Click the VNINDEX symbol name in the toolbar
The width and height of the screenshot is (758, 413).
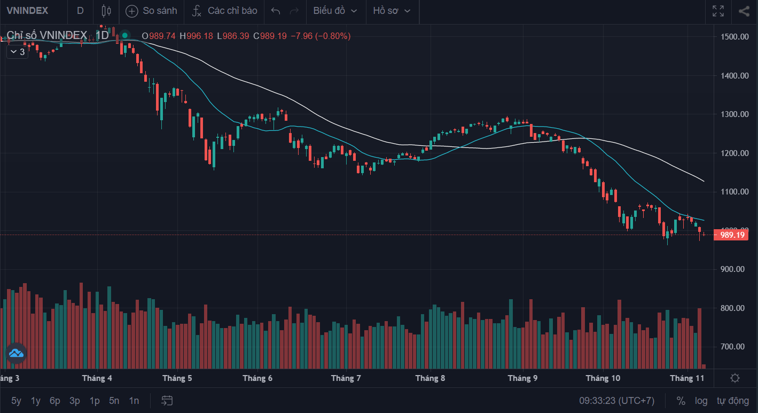coord(27,11)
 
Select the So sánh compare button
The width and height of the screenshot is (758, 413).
coord(151,11)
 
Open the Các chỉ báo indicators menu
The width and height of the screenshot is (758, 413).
coord(225,11)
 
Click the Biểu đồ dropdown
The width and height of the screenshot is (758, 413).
coord(335,11)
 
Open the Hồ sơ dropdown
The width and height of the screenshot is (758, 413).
coord(392,11)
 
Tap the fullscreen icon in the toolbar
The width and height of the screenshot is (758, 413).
coord(718,11)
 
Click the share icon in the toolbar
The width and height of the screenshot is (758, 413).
coord(744,11)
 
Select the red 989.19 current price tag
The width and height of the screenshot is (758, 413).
coord(732,235)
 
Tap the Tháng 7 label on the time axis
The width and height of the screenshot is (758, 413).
coord(346,378)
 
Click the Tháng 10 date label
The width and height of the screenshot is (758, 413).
coord(603,378)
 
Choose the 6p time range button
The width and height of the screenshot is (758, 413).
coord(55,401)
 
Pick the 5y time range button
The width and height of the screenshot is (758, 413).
coord(17,401)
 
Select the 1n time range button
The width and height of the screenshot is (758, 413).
coord(134,401)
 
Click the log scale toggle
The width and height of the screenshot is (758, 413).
coord(701,401)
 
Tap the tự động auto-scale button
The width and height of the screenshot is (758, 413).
coord(733,401)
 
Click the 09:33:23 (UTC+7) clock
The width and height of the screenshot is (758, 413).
coord(616,401)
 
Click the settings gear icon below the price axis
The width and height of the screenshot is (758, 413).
coord(735,378)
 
